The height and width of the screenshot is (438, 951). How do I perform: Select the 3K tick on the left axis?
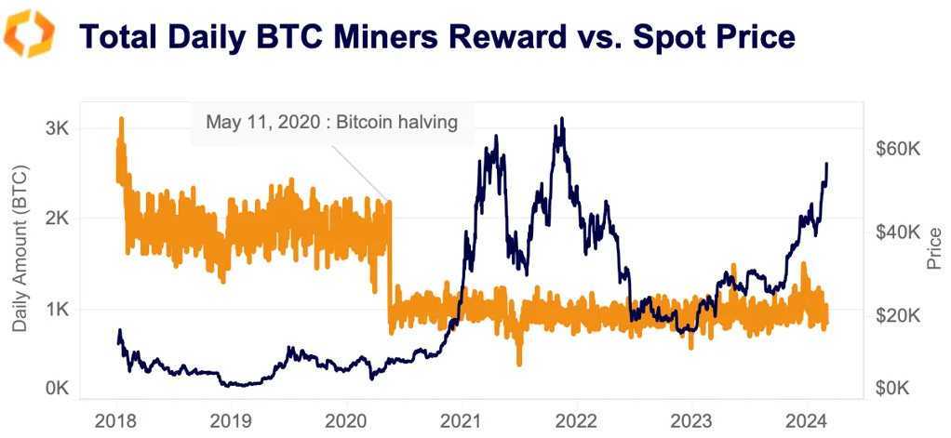pyautogui.click(x=56, y=128)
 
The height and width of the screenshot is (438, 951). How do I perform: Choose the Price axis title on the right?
pyautogui.click(x=934, y=251)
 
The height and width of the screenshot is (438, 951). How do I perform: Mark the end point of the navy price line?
pyautogui.click(x=827, y=164)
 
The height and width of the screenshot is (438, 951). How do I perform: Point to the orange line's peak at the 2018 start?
pyautogui.click(x=121, y=119)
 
